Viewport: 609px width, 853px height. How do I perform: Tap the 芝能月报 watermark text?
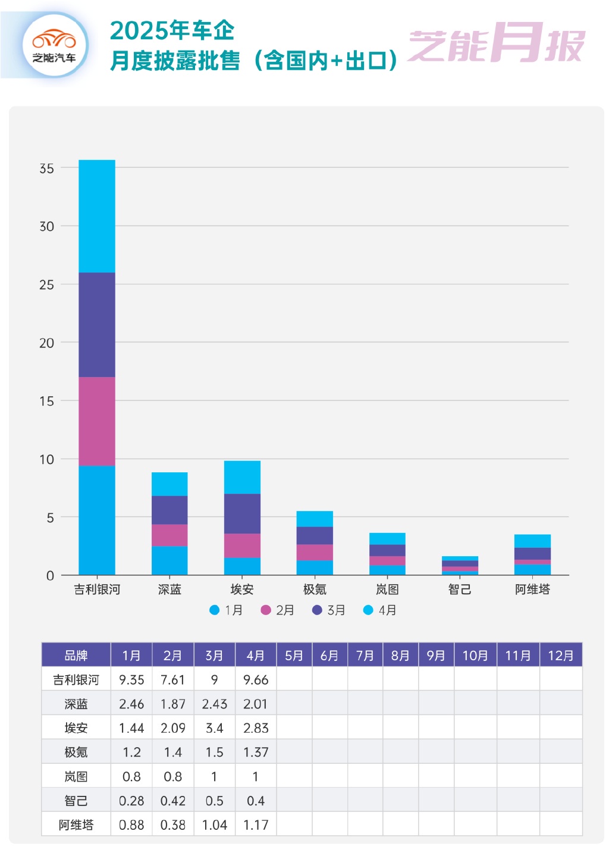[497, 43]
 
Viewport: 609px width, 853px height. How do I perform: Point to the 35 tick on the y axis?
[46, 168]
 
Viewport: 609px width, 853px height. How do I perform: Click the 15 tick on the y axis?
[46, 402]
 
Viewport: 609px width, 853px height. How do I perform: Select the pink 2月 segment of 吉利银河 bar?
[97, 421]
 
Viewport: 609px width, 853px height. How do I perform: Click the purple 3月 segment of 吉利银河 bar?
[97, 325]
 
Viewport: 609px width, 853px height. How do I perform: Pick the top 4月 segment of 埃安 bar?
[242, 477]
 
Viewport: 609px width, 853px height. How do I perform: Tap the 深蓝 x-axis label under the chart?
[169, 589]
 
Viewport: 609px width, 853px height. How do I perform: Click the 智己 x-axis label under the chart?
[460, 589]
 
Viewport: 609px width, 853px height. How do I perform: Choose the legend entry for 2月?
[278, 610]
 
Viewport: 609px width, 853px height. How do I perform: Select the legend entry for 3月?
[329, 610]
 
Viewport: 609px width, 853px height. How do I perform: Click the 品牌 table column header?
[76, 656]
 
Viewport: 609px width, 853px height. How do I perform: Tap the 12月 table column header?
[560, 656]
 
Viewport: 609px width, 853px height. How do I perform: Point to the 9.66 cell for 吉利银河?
[256, 680]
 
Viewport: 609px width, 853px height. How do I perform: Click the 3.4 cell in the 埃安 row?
[214, 728]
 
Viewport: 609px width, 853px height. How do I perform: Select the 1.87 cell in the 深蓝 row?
[173, 704]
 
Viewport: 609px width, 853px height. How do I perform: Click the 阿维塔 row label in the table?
[76, 825]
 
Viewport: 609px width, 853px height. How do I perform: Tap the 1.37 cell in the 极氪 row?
[256, 752]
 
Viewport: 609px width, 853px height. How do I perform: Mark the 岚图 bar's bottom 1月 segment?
[387, 570]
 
